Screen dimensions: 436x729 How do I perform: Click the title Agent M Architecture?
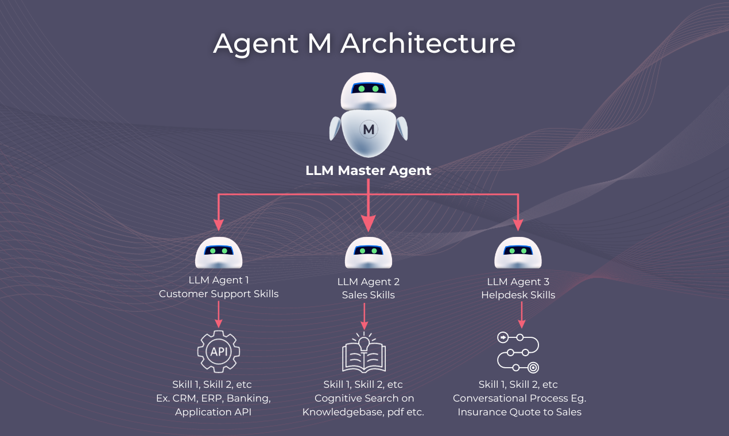[x=364, y=44]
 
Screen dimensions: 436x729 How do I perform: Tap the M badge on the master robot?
[x=369, y=130]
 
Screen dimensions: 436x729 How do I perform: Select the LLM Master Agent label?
[x=368, y=170]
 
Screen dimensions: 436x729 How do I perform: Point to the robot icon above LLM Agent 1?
[x=219, y=253]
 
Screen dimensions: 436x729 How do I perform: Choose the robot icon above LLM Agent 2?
[x=368, y=253]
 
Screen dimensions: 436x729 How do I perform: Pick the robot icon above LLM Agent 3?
[x=518, y=253]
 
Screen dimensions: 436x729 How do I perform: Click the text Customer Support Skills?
[x=219, y=294]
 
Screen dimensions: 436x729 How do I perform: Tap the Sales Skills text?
[x=368, y=295]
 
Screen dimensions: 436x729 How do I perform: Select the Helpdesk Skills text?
[x=518, y=295]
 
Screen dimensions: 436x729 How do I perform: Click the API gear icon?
[x=219, y=351]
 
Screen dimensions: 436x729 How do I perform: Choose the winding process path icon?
[x=518, y=352]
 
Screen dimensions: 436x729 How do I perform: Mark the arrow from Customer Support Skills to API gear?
[x=219, y=315]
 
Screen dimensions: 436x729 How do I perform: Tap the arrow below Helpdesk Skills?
[x=521, y=315]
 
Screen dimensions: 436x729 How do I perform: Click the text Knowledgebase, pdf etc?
[x=363, y=412]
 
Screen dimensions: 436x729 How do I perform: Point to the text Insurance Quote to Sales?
[x=519, y=412]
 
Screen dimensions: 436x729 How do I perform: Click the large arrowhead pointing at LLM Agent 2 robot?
[x=368, y=222]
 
